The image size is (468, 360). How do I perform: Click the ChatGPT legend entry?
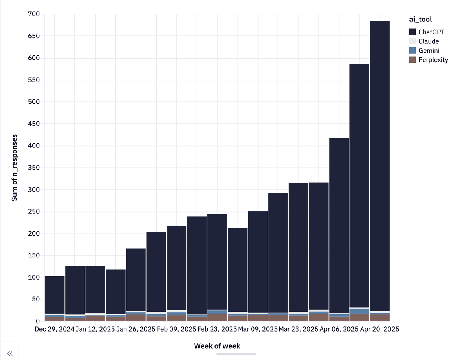pyautogui.click(x=431, y=32)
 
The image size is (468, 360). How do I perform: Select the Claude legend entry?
pyautogui.click(x=429, y=41)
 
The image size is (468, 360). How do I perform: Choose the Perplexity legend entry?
pyautogui.click(x=433, y=60)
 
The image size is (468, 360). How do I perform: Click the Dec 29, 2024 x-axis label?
pyautogui.click(x=55, y=330)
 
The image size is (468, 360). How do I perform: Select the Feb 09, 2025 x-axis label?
pyautogui.click(x=177, y=330)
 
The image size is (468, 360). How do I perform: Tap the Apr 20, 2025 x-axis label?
pyautogui.click(x=379, y=330)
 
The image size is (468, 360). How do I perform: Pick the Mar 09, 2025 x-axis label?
pyautogui.click(x=257, y=330)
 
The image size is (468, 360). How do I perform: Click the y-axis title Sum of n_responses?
pyautogui.click(x=15, y=168)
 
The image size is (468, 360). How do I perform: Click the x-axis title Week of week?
pyautogui.click(x=217, y=346)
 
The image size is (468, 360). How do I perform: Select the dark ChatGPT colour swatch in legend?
pyautogui.click(x=413, y=32)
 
